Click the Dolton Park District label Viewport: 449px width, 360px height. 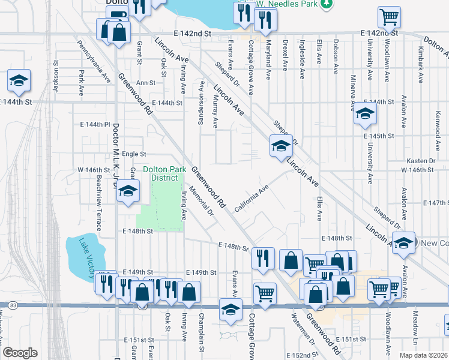coord(160,173)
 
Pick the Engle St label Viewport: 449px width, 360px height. coord(134,154)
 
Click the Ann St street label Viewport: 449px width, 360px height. coord(145,83)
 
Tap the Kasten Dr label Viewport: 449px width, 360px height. coord(420,161)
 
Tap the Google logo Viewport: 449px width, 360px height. coord(20,353)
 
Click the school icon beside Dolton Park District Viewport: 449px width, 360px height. coord(127,191)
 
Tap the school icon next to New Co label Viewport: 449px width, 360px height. coord(405,241)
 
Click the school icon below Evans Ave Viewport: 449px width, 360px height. coord(229,309)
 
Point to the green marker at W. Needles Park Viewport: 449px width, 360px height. coord(326,4)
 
